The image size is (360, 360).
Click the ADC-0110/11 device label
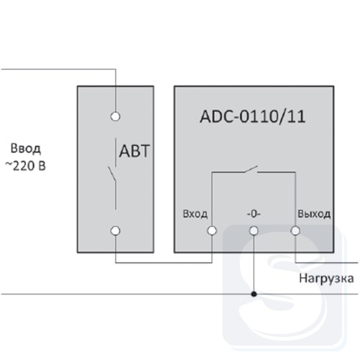click(253, 117)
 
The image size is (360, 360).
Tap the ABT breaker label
click(135, 151)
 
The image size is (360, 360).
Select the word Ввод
click(26, 148)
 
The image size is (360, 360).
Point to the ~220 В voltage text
click(25, 166)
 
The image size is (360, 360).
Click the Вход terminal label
click(195, 214)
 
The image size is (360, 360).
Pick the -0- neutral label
click(254, 213)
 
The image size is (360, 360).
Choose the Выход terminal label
click(314, 214)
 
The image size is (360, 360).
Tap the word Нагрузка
click(326, 279)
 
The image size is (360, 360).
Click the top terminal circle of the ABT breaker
click(115, 117)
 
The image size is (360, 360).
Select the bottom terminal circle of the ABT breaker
click(115, 230)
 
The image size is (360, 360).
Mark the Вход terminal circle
click(212, 230)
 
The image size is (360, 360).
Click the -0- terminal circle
click(253, 230)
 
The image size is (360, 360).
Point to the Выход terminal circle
click(295, 230)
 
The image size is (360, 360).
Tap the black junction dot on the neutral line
click(254, 294)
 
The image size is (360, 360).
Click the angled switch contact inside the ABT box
click(112, 174)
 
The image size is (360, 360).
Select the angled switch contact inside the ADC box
click(251, 169)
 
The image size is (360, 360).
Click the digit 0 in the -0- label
click(254, 213)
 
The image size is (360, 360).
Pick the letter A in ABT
click(125, 151)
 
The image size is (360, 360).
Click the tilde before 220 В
click(9, 165)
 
